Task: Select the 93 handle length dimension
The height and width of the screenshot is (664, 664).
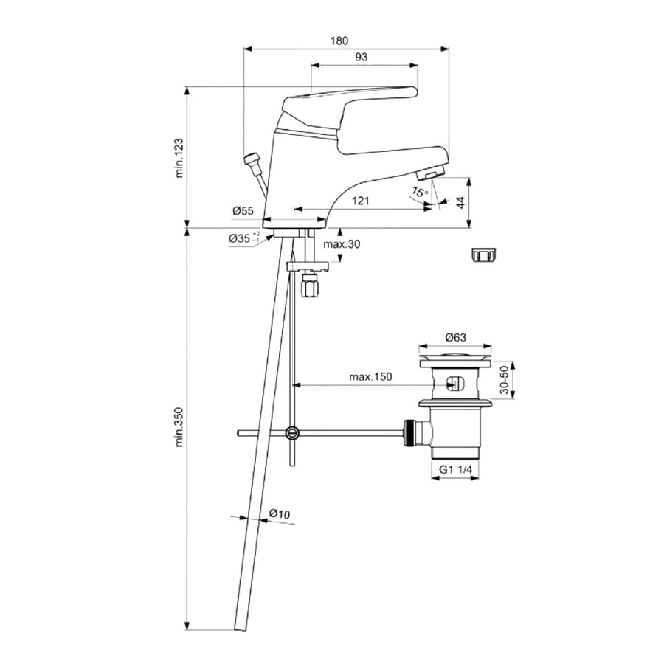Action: (x=361, y=56)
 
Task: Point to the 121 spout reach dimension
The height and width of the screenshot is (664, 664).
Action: (x=359, y=200)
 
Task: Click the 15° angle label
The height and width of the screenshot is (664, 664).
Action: (x=419, y=192)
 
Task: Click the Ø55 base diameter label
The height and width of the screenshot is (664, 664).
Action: (x=243, y=211)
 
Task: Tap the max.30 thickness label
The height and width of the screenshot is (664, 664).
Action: (x=341, y=245)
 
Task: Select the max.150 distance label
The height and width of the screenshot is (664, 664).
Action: (x=370, y=376)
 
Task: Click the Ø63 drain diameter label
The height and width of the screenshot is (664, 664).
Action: (x=454, y=339)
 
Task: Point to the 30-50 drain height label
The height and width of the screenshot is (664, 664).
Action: (x=505, y=381)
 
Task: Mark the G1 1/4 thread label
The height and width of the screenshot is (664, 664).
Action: (x=455, y=469)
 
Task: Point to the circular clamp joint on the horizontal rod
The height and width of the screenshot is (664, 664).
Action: (x=293, y=433)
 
